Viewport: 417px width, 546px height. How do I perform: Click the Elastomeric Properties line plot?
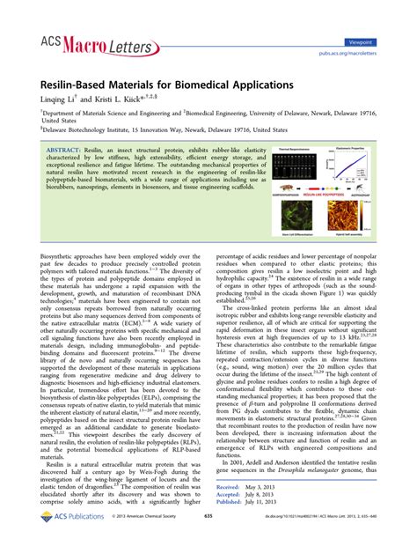tap(355, 165)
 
